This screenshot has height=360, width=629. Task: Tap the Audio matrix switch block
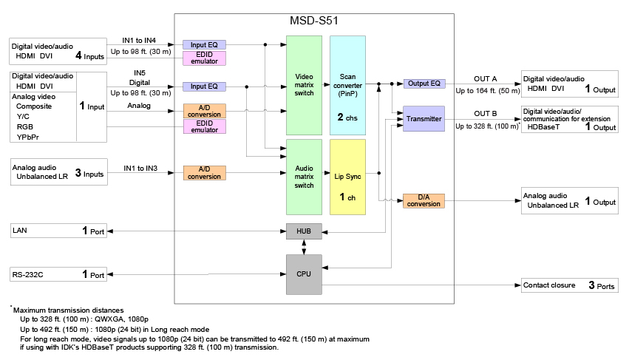pos(303,176)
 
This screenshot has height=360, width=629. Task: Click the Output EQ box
pos(424,84)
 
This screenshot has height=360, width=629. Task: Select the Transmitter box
pos(424,118)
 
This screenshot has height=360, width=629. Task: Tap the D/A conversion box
pos(424,200)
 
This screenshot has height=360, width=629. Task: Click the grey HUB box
pos(303,231)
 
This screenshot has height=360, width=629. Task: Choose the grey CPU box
pos(303,275)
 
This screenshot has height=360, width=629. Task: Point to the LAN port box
pos(58,231)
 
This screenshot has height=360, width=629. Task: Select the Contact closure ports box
pos(569,285)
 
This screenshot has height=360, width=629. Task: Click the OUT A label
pos(486,78)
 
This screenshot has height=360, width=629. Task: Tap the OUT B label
pos(486,113)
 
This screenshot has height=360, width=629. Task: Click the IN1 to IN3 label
pos(140,169)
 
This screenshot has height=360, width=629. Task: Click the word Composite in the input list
pos(35,106)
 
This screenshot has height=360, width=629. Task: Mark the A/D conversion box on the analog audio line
pos(205,173)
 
